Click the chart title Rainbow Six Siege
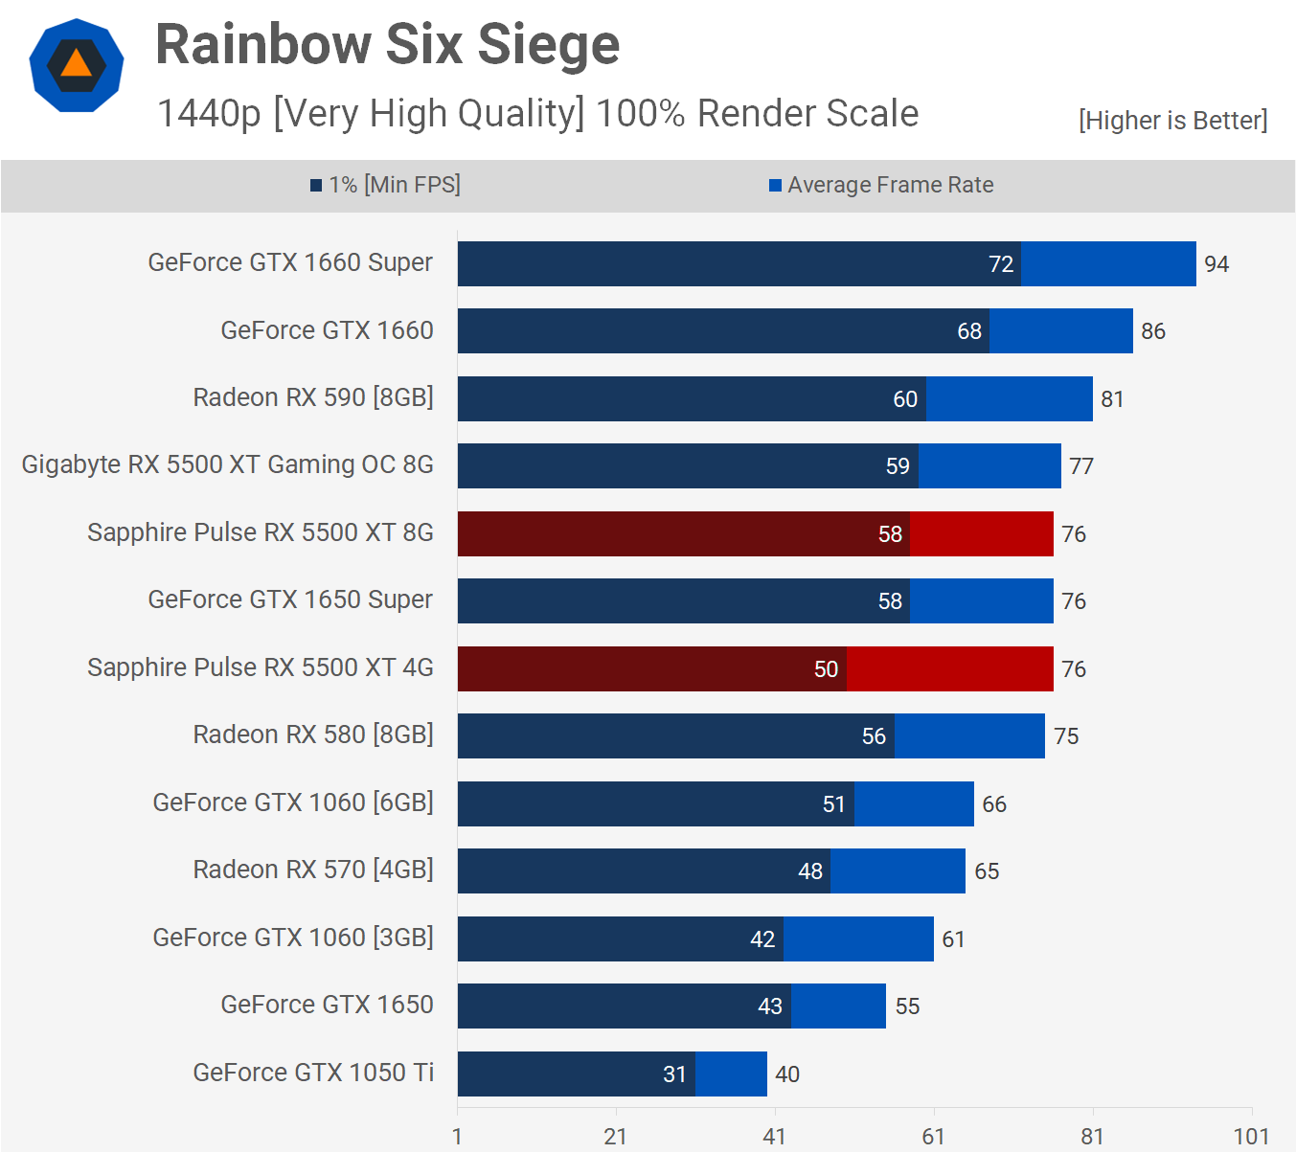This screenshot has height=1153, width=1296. point(387,45)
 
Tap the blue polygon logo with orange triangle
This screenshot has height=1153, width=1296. point(77,65)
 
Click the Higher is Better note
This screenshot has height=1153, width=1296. point(1172,121)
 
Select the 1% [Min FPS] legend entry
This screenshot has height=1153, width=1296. point(385,185)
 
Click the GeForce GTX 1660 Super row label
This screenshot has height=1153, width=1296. point(290,262)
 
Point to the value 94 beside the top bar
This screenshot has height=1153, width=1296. point(1216,264)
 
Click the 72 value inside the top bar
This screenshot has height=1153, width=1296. point(1001,264)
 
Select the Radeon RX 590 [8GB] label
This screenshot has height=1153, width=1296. point(313,397)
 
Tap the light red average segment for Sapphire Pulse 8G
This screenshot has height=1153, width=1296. point(981,533)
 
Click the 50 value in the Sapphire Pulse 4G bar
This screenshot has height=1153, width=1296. point(826,669)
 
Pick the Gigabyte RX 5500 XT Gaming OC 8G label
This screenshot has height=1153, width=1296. point(228,464)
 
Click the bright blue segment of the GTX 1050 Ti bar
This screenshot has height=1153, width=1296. point(731,1074)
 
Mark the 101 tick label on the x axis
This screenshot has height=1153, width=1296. point(1251,1137)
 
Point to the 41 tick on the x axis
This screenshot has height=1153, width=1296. point(774,1137)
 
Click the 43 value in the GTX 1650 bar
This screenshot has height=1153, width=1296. point(770,1006)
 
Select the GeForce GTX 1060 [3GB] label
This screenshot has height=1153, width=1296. point(293,938)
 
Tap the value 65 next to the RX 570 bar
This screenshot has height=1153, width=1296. point(987,871)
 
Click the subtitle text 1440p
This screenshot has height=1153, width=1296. point(209,114)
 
